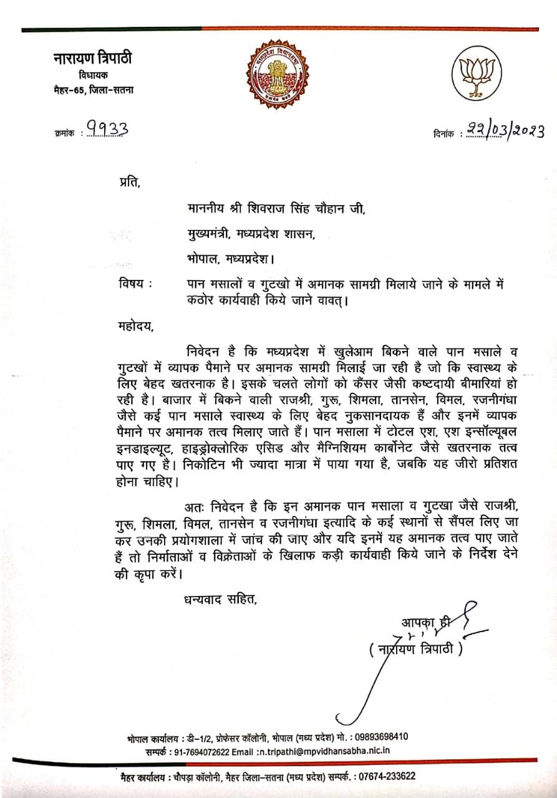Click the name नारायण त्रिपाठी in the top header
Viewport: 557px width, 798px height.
tap(92, 59)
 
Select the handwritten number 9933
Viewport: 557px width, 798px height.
tap(108, 128)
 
